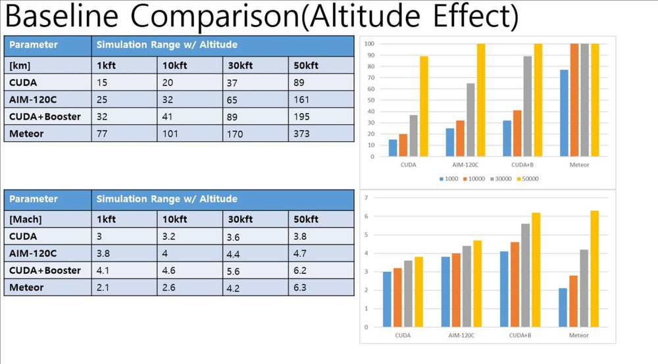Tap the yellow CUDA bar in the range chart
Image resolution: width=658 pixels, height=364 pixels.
point(424,106)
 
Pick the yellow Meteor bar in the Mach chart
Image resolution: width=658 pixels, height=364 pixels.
point(595,269)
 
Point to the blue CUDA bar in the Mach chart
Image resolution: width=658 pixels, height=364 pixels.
point(387,299)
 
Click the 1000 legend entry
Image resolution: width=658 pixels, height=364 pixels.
point(450,178)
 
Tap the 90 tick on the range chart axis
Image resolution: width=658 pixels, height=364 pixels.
point(370,55)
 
